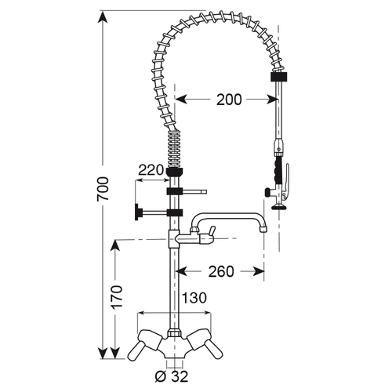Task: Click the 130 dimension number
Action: pos(194,298)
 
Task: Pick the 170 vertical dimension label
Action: pos(116,298)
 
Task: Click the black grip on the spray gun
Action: pos(278,169)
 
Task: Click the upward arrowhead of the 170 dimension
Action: pos(116,243)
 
